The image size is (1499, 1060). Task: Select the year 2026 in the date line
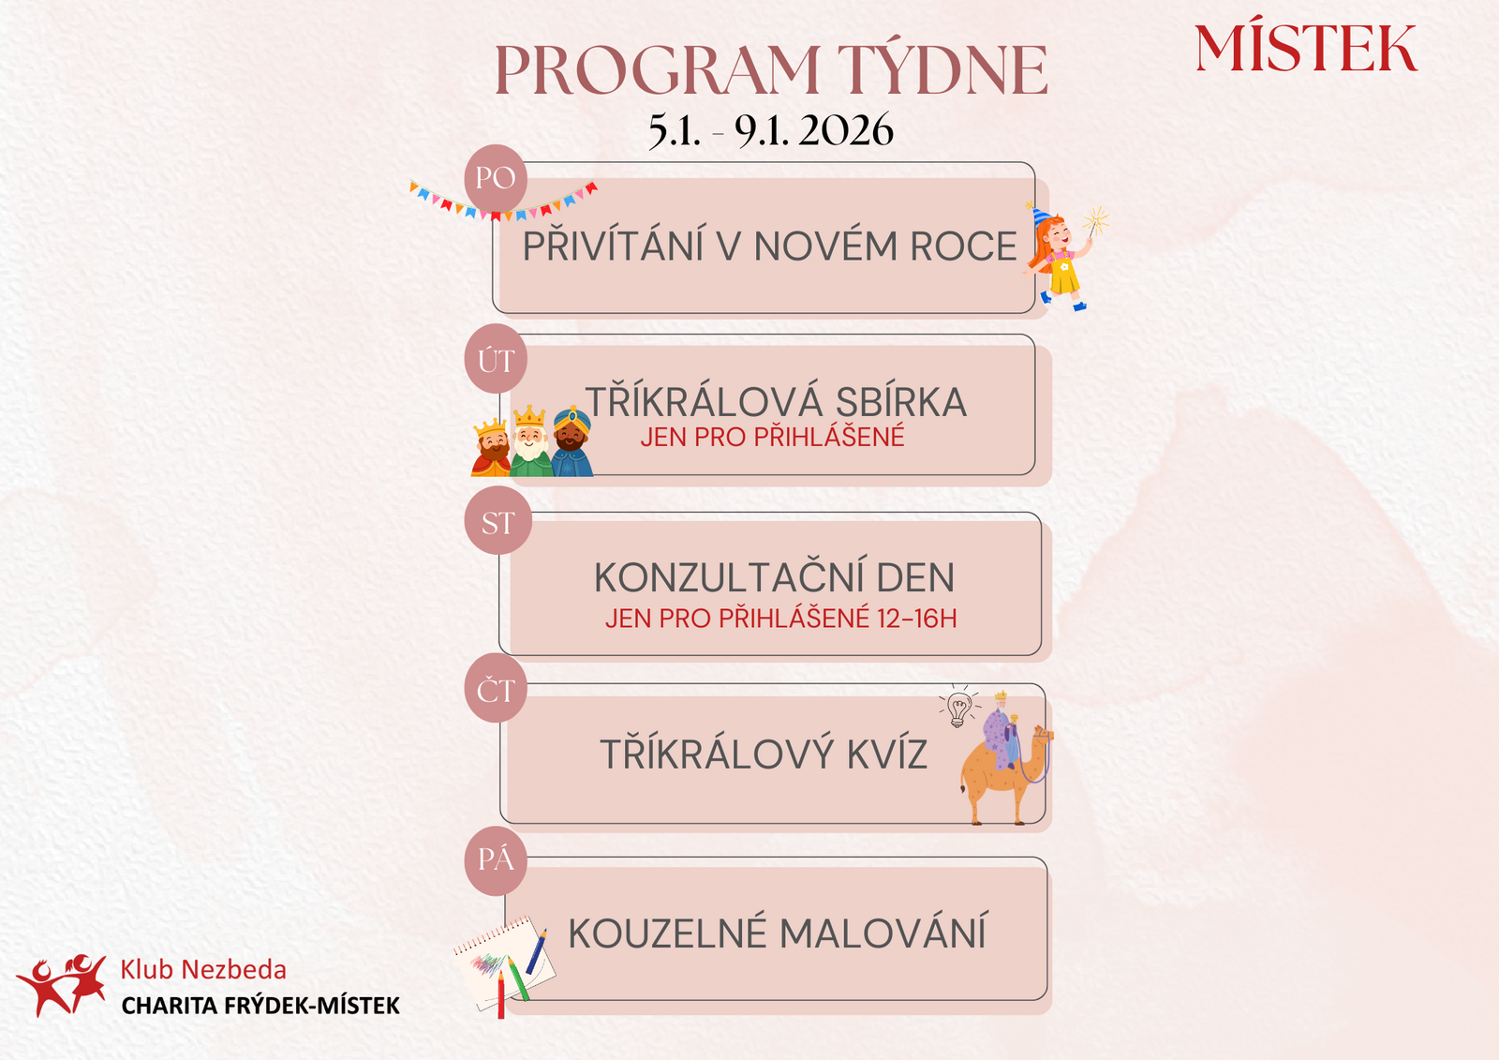846,129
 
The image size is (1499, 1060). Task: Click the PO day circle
496,178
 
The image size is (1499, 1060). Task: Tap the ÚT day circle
496,359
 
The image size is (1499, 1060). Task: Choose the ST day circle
497,520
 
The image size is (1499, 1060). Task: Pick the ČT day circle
496,688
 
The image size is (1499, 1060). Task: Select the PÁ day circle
496,861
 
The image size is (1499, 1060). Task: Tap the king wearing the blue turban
572,442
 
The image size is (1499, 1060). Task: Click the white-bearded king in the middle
530,442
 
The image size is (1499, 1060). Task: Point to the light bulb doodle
958,706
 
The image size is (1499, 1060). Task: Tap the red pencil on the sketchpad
500,995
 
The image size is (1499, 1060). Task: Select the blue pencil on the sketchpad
536,952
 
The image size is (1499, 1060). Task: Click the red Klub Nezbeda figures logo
62,985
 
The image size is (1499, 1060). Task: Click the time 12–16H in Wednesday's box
917,619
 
